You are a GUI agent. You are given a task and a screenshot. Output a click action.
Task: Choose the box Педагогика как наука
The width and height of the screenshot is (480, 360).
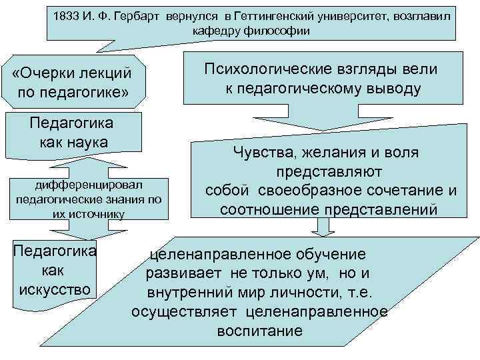click(72, 133)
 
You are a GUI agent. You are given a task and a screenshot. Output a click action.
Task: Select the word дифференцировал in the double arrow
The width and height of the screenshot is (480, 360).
click(89, 183)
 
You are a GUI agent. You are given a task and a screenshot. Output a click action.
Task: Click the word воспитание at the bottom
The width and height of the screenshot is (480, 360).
click(259, 331)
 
